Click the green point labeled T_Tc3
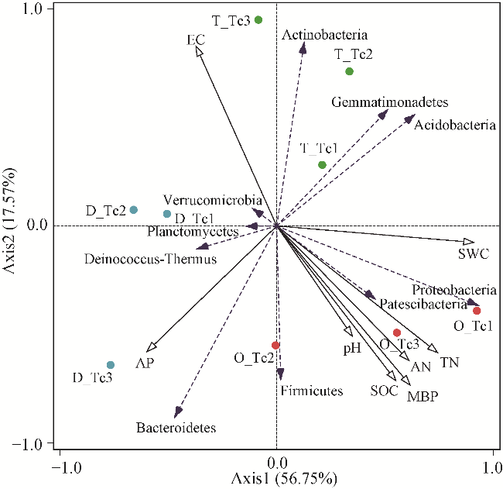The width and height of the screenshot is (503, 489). (258, 20)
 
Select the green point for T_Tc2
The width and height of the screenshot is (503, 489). (349, 71)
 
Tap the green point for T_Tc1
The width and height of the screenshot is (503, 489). (322, 165)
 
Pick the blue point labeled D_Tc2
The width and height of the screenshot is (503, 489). (133, 210)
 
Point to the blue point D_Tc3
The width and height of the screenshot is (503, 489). (111, 365)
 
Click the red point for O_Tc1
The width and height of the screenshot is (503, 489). (477, 311)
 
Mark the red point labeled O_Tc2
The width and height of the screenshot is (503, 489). (275, 346)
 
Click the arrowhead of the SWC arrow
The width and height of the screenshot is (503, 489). (469, 242)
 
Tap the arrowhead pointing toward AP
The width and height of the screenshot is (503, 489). (151, 348)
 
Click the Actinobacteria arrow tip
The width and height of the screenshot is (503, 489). (303, 48)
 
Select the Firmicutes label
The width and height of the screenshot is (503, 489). (312, 391)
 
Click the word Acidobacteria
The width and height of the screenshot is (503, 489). (455, 125)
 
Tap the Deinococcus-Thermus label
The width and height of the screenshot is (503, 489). (150, 259)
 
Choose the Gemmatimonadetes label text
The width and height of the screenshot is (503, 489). (390, 102)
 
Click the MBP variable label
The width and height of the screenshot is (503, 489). (423, 397)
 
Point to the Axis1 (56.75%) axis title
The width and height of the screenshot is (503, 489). (284, 479)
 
